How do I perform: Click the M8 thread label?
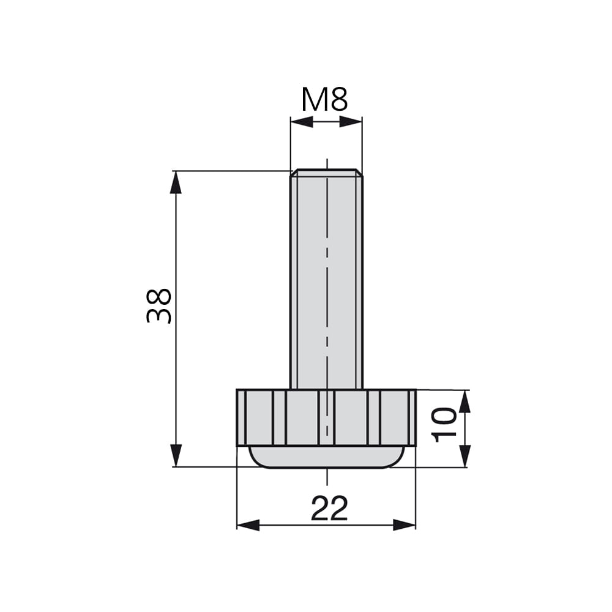(324, 100)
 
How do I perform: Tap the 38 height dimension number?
(159, 306)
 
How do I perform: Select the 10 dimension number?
(444, 425)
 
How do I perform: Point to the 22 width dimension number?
(329, 508)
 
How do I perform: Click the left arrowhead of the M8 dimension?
(302, 122)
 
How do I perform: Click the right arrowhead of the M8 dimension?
(351, 122)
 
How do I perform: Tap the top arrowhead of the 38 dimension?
(176, 182)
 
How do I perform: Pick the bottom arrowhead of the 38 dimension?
(176, 455)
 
